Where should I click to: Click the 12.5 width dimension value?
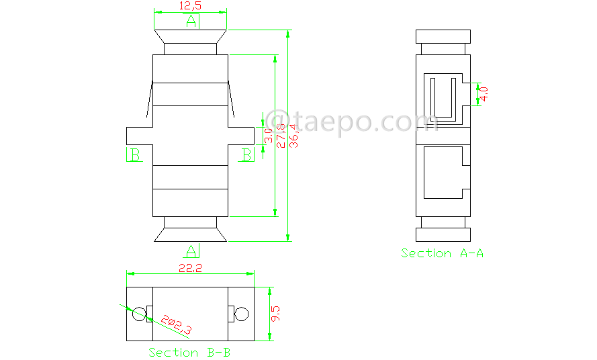pyautogui.click(x=191, y=5)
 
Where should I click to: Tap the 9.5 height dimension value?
pyautogui.click(x=275, y=314)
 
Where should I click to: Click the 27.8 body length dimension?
pyautogui.click(x=281, y=136)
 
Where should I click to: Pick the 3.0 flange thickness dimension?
pyautogui.click(x=269, y=136)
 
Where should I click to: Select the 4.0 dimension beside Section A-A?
pyautogui.click(x=484, y=93)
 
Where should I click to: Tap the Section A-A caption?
pyautogui.click(x=442, y=253)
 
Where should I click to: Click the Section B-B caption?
pyautogui.click(x=189, y=353)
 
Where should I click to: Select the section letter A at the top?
pyautogui.click(x=191, y=21)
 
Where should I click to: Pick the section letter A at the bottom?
pyautogui.click(x=191, y=251)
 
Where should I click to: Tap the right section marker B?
pyautogui.click(x=247, y=155)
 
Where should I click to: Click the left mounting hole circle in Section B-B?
pyautogui.click(x=139, y=314)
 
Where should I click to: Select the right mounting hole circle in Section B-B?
pyautogui.click(x=242, y=314)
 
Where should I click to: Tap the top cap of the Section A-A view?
pyautogui.click(x=443, y=36)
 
